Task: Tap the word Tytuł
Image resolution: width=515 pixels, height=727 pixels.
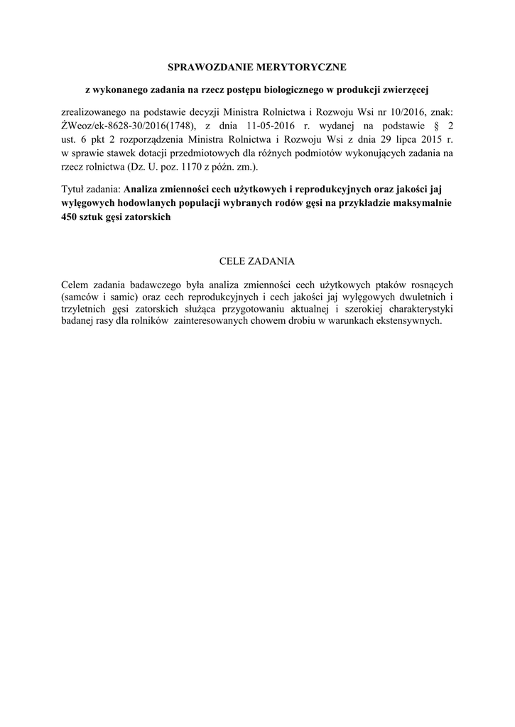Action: coord(73,190)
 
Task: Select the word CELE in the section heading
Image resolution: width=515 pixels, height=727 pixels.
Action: coord(234,262)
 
